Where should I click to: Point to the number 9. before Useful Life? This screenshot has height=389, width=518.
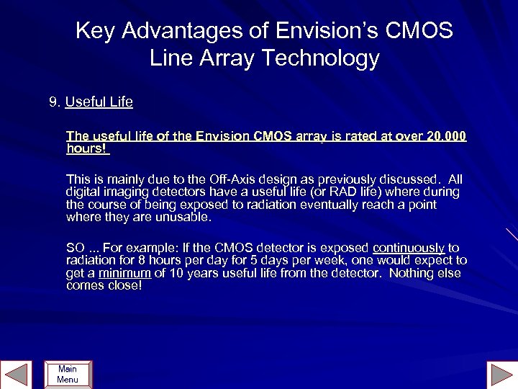pyautogui.click(x=55, y=102)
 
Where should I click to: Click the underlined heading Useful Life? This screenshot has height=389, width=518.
pyautogui.click(x=99, y=102)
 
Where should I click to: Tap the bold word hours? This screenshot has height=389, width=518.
pyautogui.click(x=87, y=149)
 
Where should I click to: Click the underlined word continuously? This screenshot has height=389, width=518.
pyautogui.click(x=409, y=247)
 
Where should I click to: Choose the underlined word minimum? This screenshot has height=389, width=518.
pyautogui.click(x=124, y=273)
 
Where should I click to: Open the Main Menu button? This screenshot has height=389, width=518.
pyautogui.click(x=68, y=374)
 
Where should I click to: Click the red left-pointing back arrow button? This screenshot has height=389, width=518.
pyautogui.click(x=16, y=374)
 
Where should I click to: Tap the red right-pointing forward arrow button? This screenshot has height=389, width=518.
pyautogui.click(x=501, y=374)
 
